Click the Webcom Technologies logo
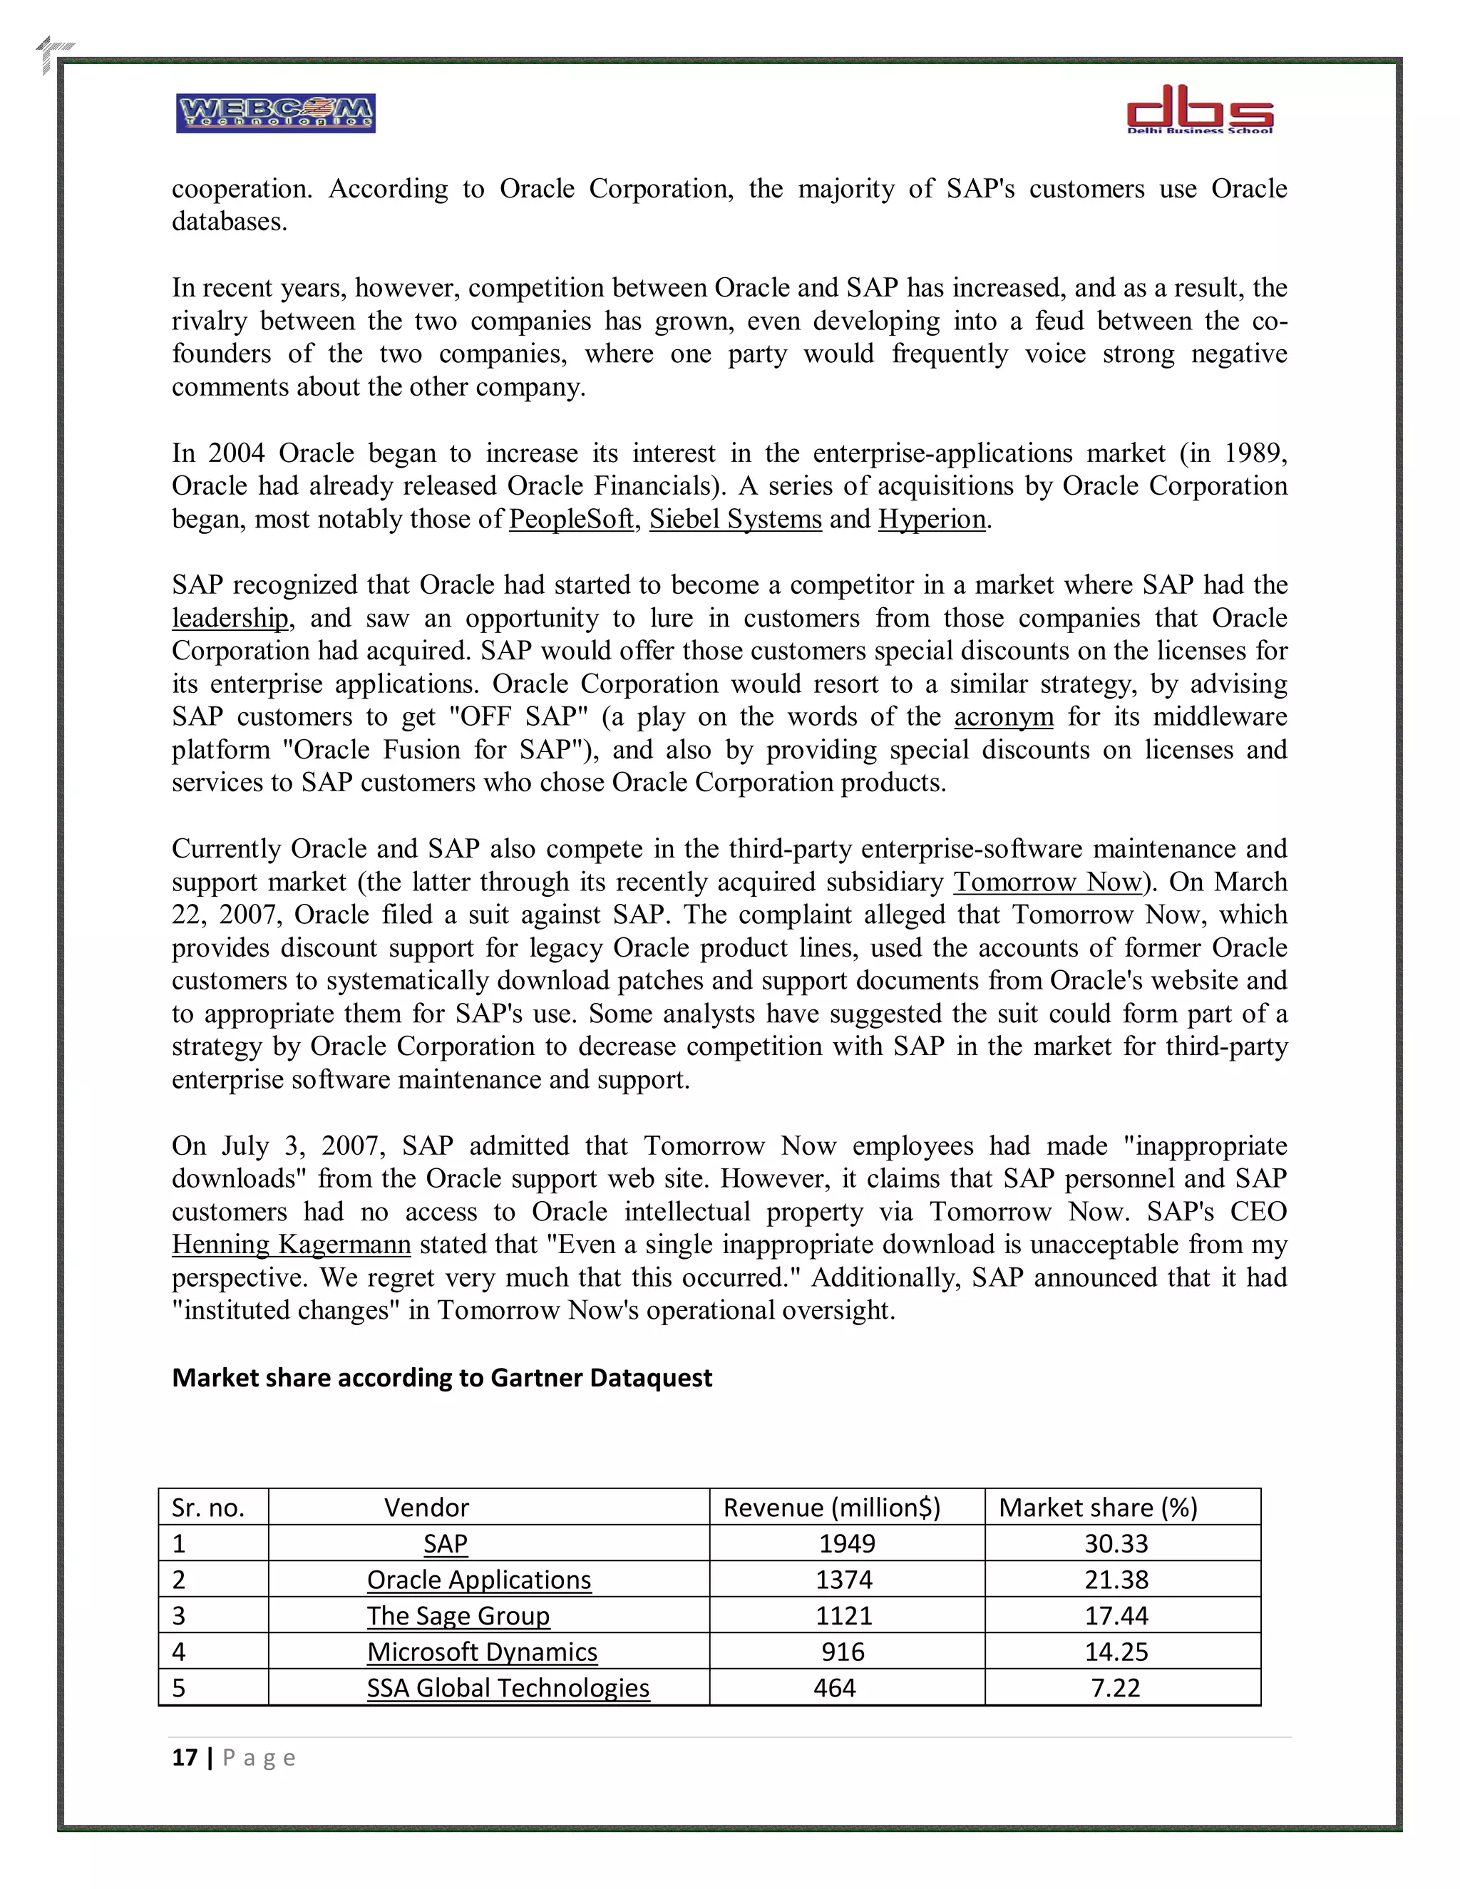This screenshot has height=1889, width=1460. pyautogui.click(x=275, y=113)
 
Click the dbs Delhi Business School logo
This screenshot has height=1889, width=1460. pyautogui.click(x=1199, y=110)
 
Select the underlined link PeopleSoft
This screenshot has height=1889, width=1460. pyautogui.click(x=571, y=519)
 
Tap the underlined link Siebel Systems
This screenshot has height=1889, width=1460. pyautogui.click(x=735, y=519)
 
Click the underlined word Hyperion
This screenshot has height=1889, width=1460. pyautogui.click(x=932, y=519)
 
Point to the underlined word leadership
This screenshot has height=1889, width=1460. pyautogui.click(x=230, y=619)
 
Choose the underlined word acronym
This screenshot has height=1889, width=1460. pyautogui.click(x=1003, y=717)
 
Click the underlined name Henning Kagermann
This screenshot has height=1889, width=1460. pyautogui.click(x=291, y=1245)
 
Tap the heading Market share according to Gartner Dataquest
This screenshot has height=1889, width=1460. pyautogui.click(x=442, y=1378)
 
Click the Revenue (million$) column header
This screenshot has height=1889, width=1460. pyautogui.click(x=831, y=1508)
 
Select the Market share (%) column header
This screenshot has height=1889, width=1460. pyautogui.click(x=1098, y=1508)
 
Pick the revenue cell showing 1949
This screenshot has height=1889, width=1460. pyautogui.click(x=847, y=1544)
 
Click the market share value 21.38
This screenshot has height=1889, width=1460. pyautogui.click(x=1116, y=1580)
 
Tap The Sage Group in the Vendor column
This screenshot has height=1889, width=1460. pyautogui.click(x=458, y=1616)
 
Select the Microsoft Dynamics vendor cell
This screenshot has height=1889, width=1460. pyautogui.click(x=482, y=1652)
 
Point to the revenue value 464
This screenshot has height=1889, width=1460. pyautogui.click(x=835, y=1688)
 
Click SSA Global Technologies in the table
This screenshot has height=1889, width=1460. pyautogui.click(x=508, y=1688)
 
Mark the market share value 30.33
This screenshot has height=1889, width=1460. pyautogui.click(x=1116, y=1544)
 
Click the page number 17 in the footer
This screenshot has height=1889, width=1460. pyautogui.click(x=184, y=1758)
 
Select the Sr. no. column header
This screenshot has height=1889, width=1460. pyautogui.click(x=207, y=1508)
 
